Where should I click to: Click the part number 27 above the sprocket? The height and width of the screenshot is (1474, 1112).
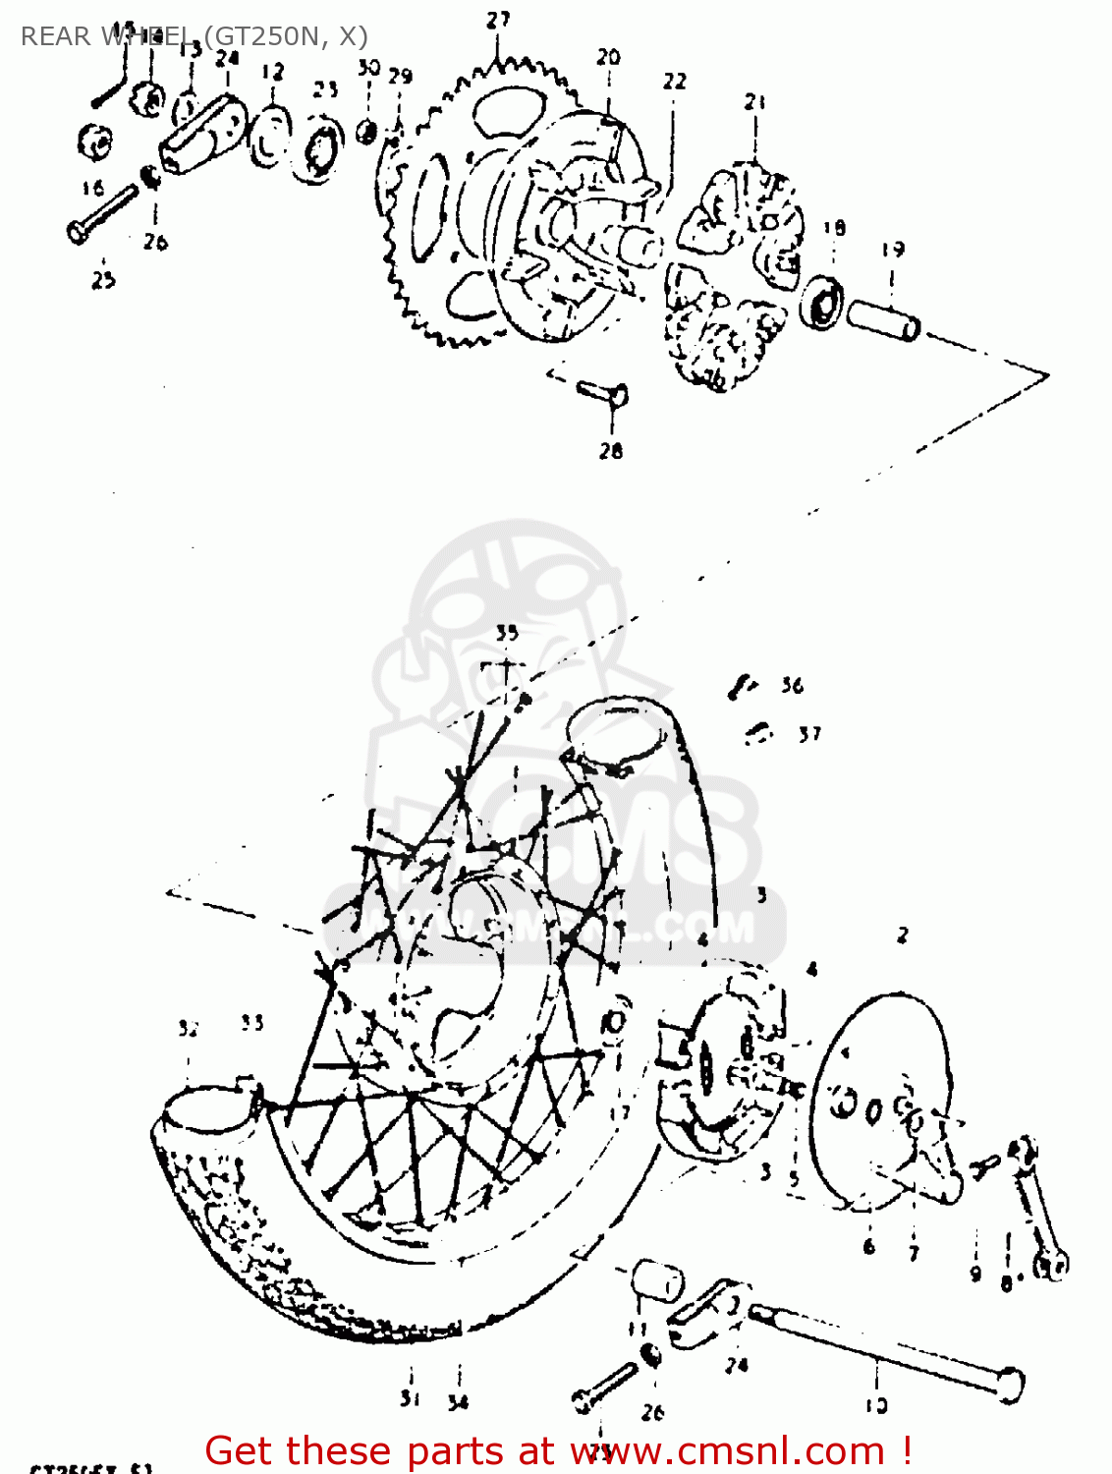click(x=498, y=20)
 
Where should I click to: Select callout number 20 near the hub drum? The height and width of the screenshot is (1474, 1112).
click(x=608, y=57)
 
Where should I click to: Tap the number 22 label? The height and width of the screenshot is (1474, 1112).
click(x=674, y=81)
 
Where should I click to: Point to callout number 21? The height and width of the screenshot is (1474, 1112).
click(x=754, y=101)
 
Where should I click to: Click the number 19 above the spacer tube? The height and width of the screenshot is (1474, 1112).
click(x=892, y=250)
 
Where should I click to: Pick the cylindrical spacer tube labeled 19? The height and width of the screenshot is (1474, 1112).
click(x=883, y=317)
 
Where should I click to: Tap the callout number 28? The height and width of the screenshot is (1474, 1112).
click(x=611, y=450)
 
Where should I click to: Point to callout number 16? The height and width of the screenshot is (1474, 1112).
click(x=92, y=187)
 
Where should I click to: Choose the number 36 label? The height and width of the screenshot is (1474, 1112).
click(x=792, y=685)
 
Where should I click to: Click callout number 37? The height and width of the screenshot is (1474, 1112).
click(x=808, y=733)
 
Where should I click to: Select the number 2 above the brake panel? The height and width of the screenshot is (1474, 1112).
click(x=902, y=935)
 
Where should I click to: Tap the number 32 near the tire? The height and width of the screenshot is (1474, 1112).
click(x=189, y=1028)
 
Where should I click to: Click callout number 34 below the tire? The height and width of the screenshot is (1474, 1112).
click(x=458, y=1402)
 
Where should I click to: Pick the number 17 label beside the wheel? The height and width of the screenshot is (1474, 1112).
click(x=619, y=1113)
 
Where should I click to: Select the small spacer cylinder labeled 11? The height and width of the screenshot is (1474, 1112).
click(x=656, y=1280)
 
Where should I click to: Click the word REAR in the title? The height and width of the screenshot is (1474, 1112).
click(x=55, y=36)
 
